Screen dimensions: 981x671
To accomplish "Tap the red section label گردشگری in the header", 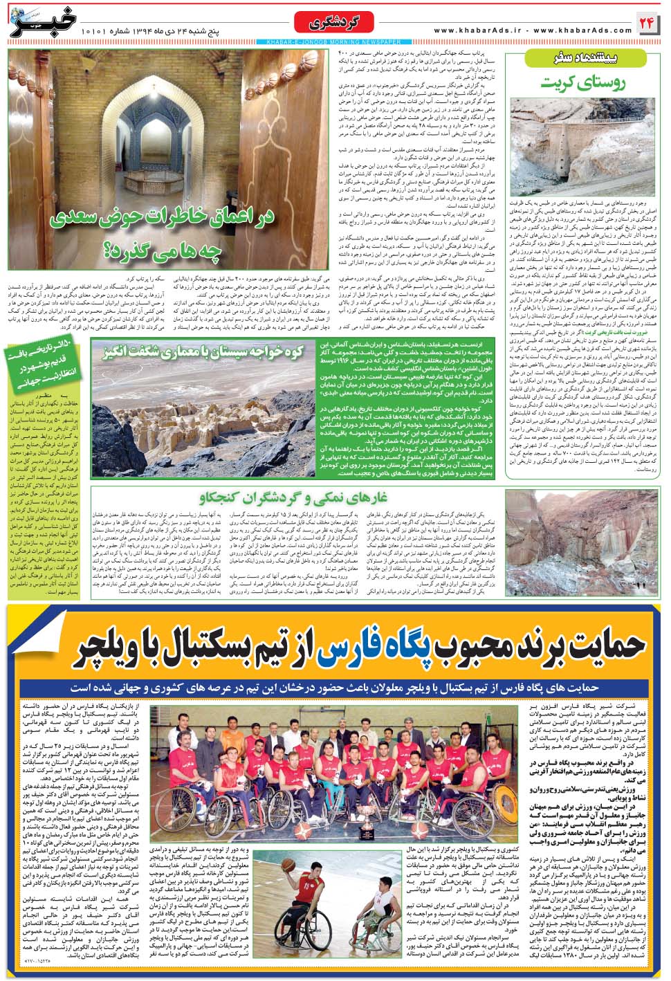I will point(336,24).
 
